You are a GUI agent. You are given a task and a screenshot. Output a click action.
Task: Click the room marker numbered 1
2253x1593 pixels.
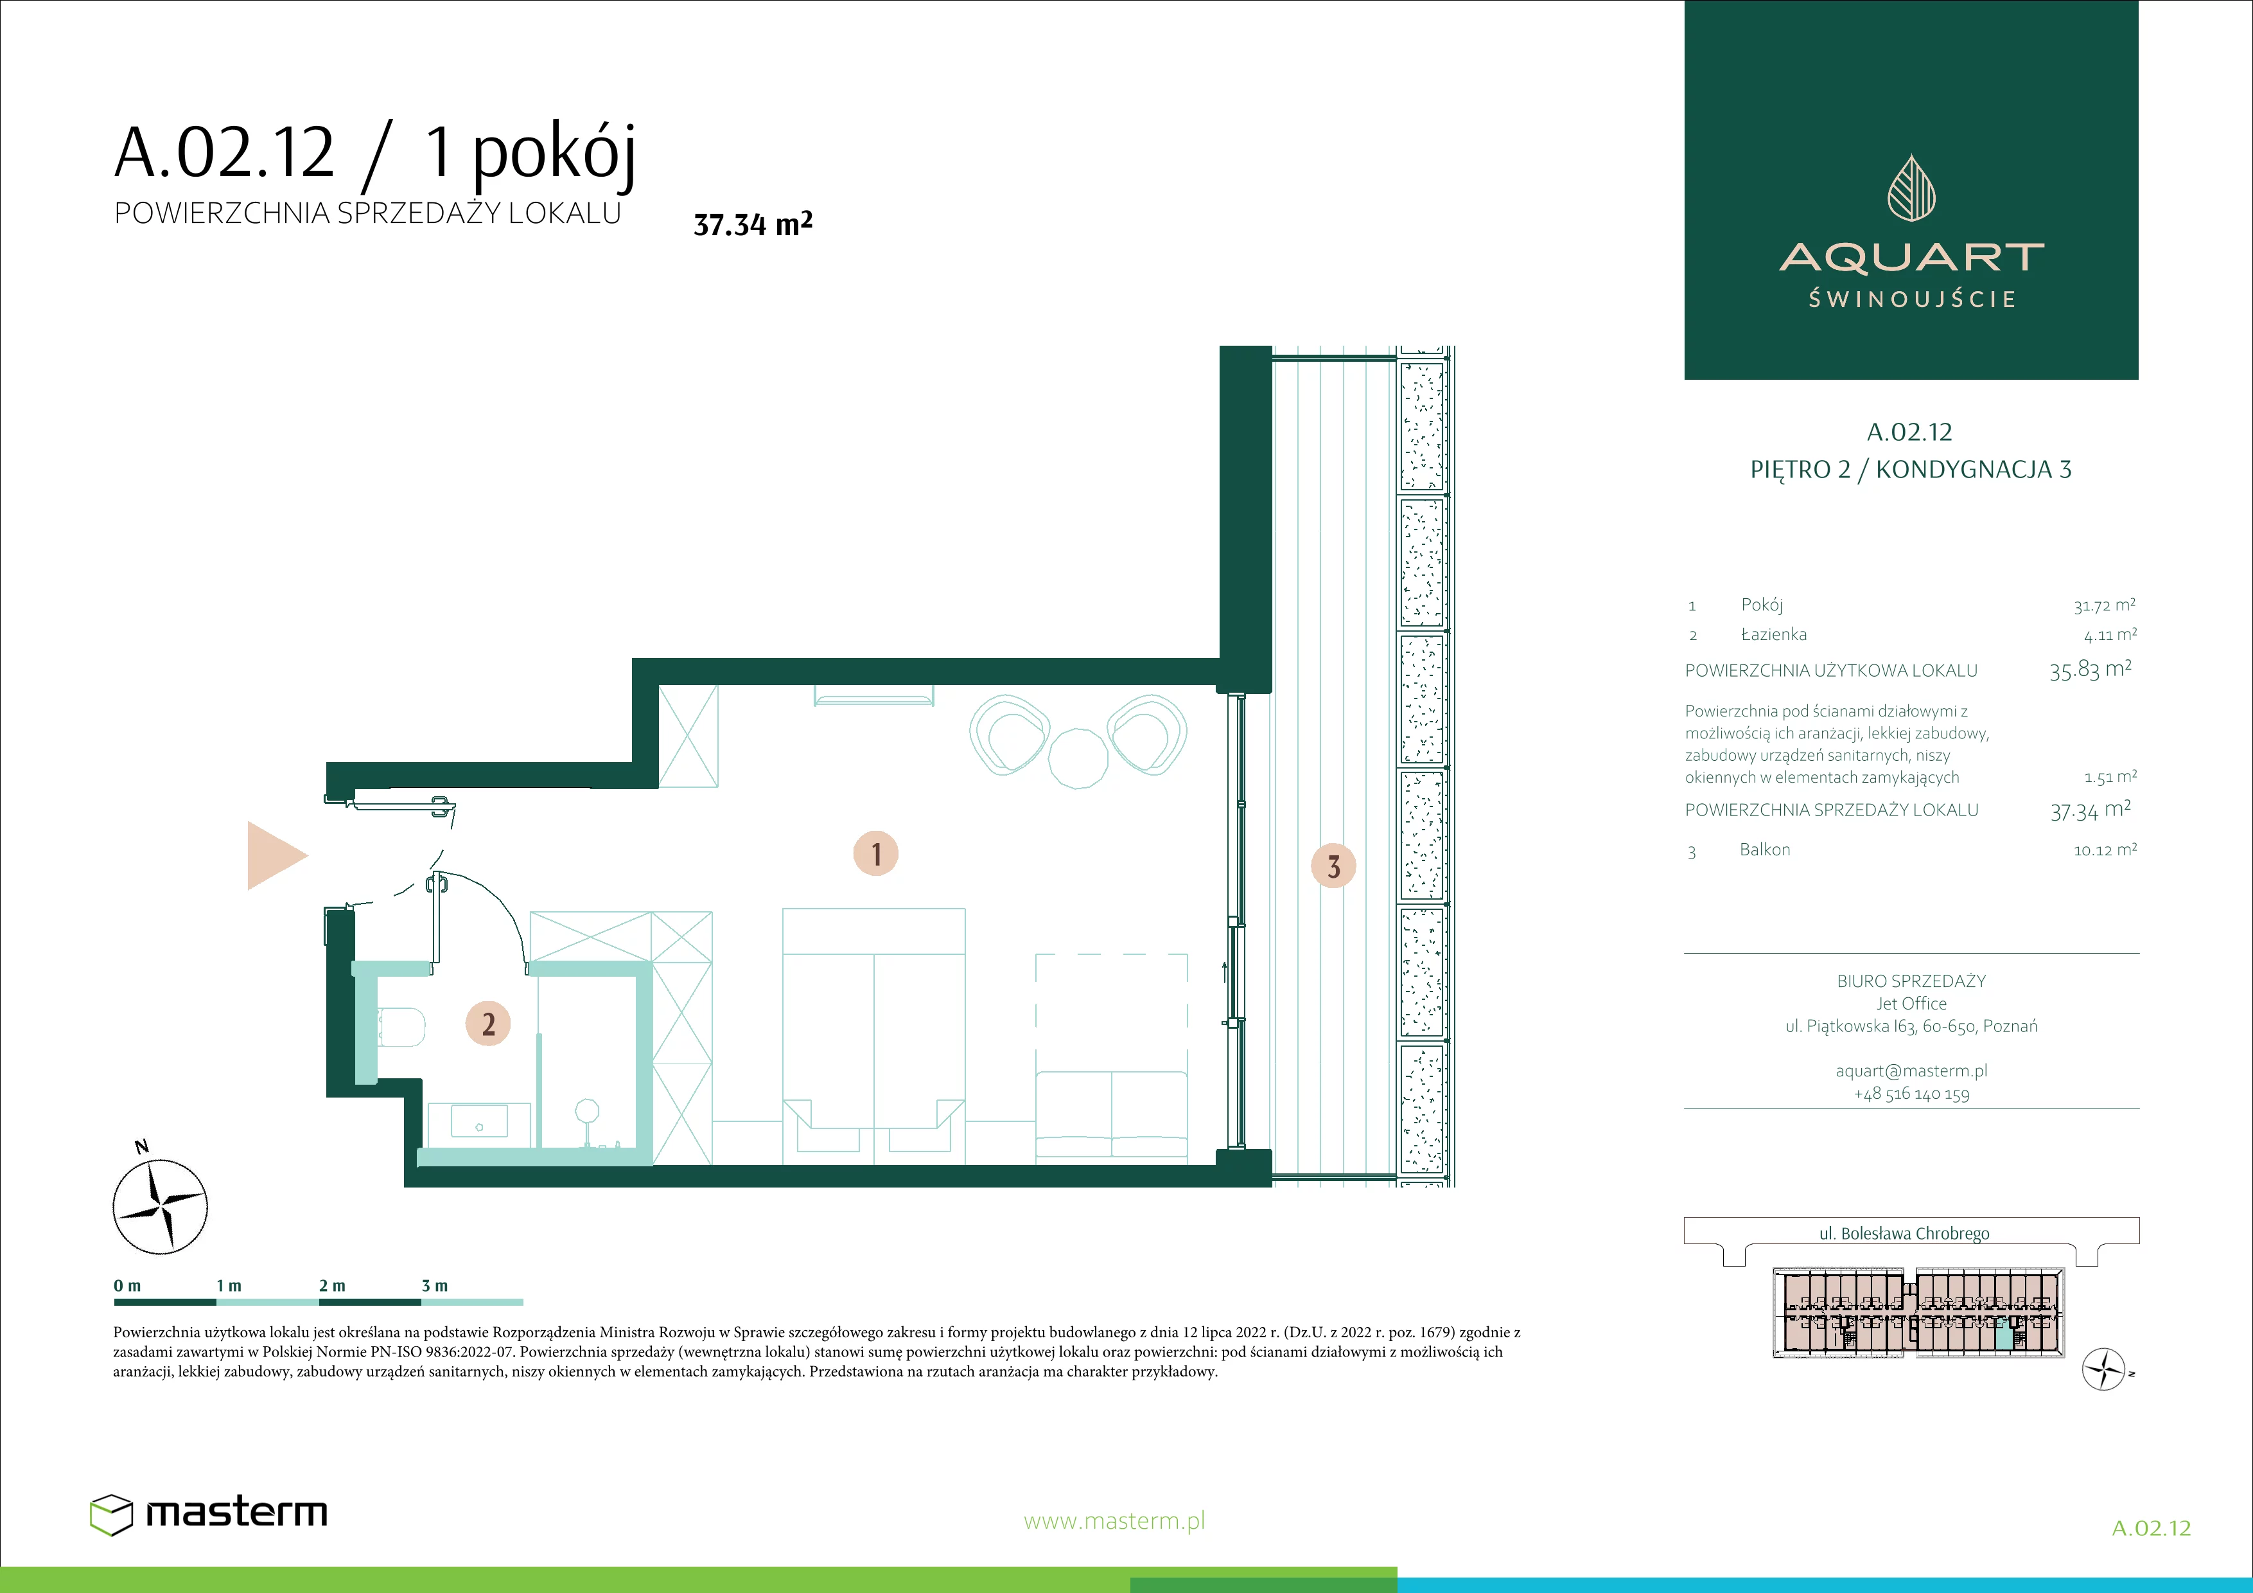(875, 853)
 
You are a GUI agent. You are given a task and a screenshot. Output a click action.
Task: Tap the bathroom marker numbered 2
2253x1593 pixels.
(487, 1024)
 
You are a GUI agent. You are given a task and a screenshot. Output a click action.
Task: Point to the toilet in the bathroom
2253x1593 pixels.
(400, 1028)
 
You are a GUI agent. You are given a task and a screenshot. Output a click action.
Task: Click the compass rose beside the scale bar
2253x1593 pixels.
(160, 1206)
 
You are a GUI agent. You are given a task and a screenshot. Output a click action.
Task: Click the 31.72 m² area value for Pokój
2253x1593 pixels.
(2104, 605)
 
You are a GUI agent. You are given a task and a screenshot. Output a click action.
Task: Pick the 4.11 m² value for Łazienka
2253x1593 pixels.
(2110, 635)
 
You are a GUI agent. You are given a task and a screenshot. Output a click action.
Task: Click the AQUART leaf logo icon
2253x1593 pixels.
(1911, 188)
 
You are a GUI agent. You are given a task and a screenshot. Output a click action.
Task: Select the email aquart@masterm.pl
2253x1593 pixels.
(1911, 1071)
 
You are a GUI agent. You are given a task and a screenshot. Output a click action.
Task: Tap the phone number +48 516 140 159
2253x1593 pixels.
(1911, 1094)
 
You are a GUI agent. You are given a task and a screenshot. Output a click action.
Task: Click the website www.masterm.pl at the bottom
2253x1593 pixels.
(1114, 1521)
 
